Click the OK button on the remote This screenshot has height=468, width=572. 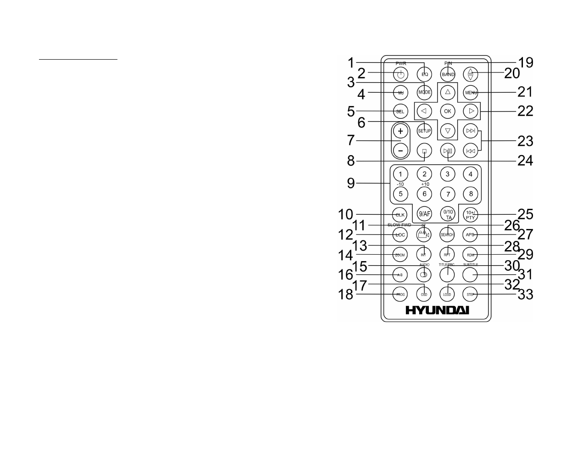pyautogui.click(x=448, y=111)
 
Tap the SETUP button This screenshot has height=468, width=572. pyautogui.click(x=424, y=131)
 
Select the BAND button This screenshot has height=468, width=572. pyautogui.click(x=448, y=74)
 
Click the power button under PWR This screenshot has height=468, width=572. pyautogui.click(x=400, y=74)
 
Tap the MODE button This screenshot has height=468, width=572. pyautogui.click(x=424, y=92)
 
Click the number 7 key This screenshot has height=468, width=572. pyautogui.click(x=448, y=194)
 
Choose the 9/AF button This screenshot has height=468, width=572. pyautogui.click(x=424, y=214)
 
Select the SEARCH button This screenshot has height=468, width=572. pyautogui.click(x=447, y=234)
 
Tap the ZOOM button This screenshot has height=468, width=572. pyautogui.click(x=400, y=254)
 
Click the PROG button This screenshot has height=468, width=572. pyautogui.click(x=400, y=294)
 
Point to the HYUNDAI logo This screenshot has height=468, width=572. pyautogui.click(x=437, y=311)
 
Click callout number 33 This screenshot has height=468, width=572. pyautogui.click(x=525, y=294)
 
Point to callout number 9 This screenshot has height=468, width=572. pyautogui.click(x=351, y=184)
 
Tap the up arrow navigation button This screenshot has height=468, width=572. pyautogui.click(x=448, y=92)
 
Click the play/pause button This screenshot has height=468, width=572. pyautogui.click(x=448, y=150)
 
